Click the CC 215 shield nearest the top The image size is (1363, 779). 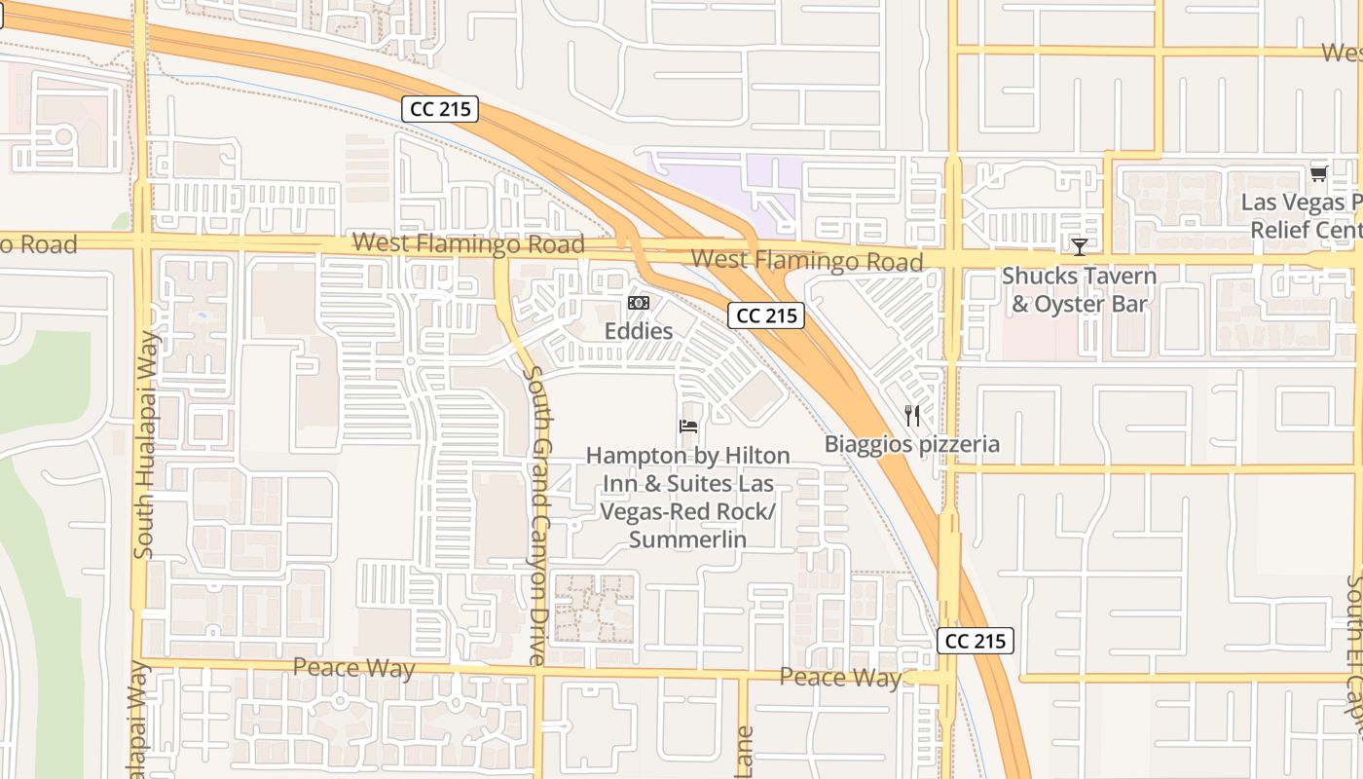point(441,109)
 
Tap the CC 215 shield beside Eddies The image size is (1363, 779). point(766,315)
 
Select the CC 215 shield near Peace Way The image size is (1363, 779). point(976,641)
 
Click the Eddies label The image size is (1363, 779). point(639,331)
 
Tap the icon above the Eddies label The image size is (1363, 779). point(639,304)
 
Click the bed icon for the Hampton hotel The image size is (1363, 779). point(687,427)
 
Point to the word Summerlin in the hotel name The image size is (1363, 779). point(687,539)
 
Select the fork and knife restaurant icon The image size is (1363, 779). point(911,416)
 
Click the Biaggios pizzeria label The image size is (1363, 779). point(911,445)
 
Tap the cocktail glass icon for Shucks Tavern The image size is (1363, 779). point(1079,246)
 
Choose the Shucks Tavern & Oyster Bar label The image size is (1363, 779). point(1079,290)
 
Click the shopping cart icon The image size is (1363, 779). point(1318,174)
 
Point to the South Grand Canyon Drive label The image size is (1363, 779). point(534,516)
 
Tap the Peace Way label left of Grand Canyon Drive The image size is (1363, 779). point(353,669)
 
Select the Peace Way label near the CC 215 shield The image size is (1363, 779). point(840,678)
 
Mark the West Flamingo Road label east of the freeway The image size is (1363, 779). point(807,260)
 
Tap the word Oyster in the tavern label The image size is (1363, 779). point(1073,304)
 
